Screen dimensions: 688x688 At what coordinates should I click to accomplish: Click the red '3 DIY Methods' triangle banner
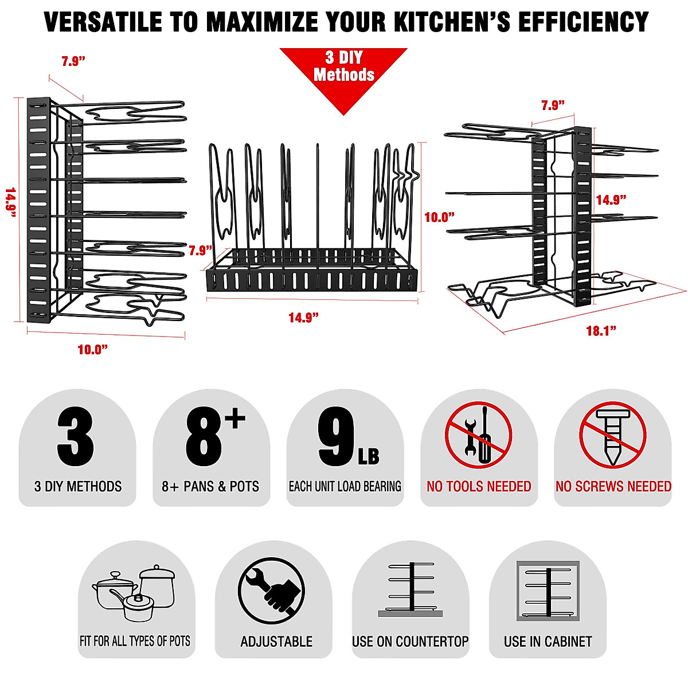pos(343,72)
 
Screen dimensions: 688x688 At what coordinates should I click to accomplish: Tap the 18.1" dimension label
pos(600,331)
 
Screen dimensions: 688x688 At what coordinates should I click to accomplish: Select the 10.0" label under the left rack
pos(92,350)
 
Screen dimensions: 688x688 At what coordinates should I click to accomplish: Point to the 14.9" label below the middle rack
pos(303,318)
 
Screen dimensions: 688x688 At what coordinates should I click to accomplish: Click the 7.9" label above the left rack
pos(73,61)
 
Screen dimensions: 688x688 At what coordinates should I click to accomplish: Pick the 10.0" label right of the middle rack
pos(439,217)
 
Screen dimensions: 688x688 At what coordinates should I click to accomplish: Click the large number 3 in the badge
pos(76,437)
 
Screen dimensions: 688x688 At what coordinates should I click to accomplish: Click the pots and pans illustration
pos(134,593)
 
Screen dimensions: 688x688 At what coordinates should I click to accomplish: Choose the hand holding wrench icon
pos(271,592)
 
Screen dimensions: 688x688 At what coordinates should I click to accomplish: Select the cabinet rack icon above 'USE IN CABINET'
pos(548,591)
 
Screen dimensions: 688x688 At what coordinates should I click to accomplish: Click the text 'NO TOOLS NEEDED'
pos(479,487)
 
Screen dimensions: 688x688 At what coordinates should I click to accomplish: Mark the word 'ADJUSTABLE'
pos(276,642)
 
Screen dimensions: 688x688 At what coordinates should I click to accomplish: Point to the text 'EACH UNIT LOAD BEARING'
pos(345,487)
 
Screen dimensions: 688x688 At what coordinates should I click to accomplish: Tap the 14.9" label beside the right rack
pos(611,200)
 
